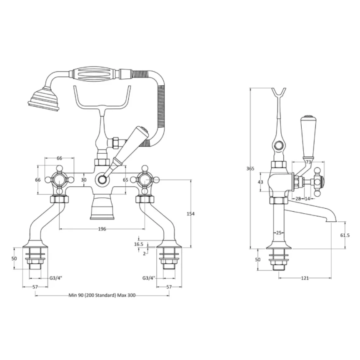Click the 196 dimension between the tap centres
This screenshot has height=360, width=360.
102,229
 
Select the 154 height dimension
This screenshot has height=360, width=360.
191,214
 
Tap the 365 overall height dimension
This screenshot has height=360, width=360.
250,168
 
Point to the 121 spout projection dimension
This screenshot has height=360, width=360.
305,278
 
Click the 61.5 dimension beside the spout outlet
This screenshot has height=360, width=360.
345,235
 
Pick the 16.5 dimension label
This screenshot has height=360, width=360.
139,244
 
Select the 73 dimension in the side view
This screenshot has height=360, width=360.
308,162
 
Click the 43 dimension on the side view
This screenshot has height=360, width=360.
261,182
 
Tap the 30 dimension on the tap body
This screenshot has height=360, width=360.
84,180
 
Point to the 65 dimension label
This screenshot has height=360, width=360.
125,180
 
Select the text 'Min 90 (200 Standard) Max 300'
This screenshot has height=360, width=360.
102,295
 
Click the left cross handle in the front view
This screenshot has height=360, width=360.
59,180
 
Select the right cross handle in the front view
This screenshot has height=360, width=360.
145,180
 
